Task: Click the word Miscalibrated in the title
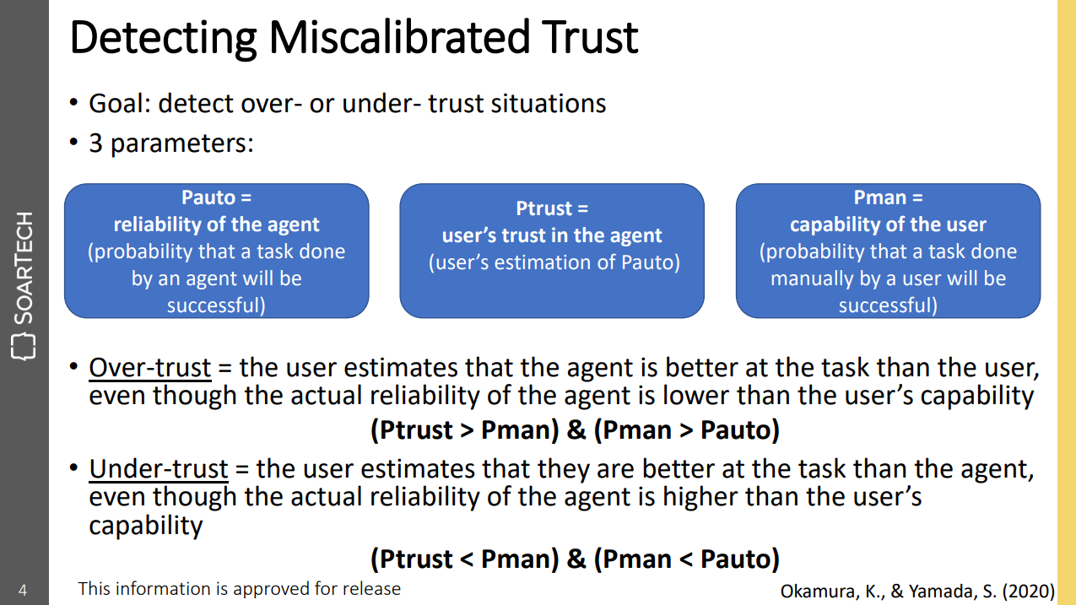[398, 37]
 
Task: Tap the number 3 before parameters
[95, 143]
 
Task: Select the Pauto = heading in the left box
[216, 197]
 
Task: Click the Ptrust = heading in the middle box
[552, 208]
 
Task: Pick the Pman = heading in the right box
[888, 197]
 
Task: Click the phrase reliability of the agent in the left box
[216, 224]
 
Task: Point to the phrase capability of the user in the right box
[888, 224]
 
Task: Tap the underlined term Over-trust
[150, 368]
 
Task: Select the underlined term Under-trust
[159, 469]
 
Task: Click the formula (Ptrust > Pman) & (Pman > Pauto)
[575, 429]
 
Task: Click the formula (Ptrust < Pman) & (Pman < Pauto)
[575, 559]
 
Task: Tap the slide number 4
[23, 590]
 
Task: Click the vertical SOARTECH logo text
[24, 267]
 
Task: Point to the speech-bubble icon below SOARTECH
[24, 347]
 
